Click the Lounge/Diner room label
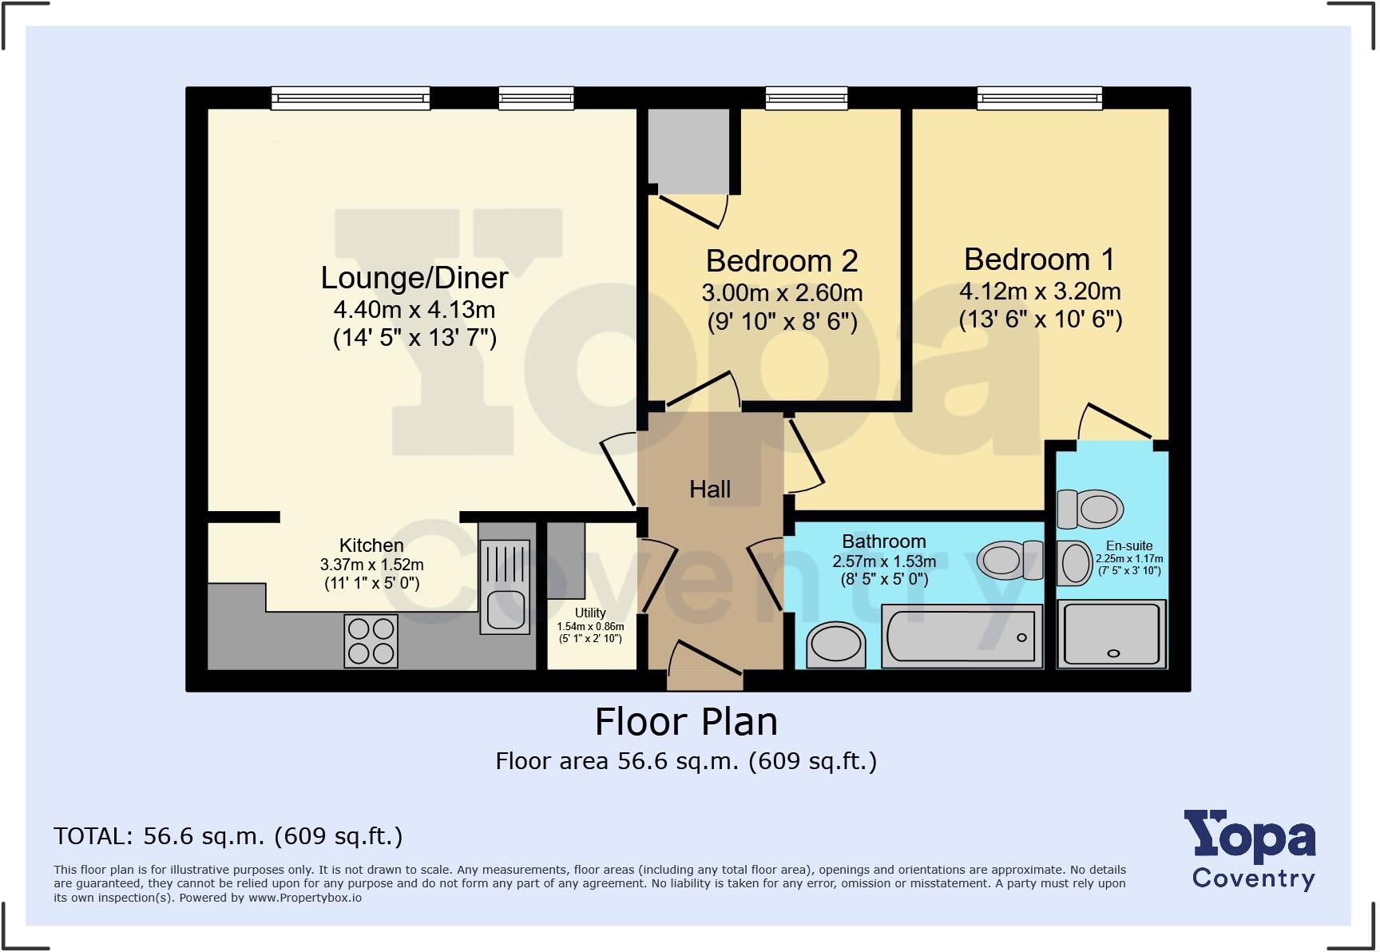coord(414,278)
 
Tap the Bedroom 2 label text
coord(781,261)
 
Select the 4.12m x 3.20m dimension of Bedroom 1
coord(1040,291)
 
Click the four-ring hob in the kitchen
coord(371,641)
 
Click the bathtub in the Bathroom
coord(962,637)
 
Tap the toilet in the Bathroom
coord(1009,560)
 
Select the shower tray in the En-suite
coord(1112,634)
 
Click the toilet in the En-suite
coord(1091,509)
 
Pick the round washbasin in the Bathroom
coord(835,644)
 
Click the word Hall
coord(710,489)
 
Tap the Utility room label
coord(590,613)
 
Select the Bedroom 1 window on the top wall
coord(1040,98)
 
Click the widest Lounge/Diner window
coord(351,98)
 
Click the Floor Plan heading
coord(686,721)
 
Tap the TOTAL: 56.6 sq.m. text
coord(228,836)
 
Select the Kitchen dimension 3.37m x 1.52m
coord(371,565)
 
